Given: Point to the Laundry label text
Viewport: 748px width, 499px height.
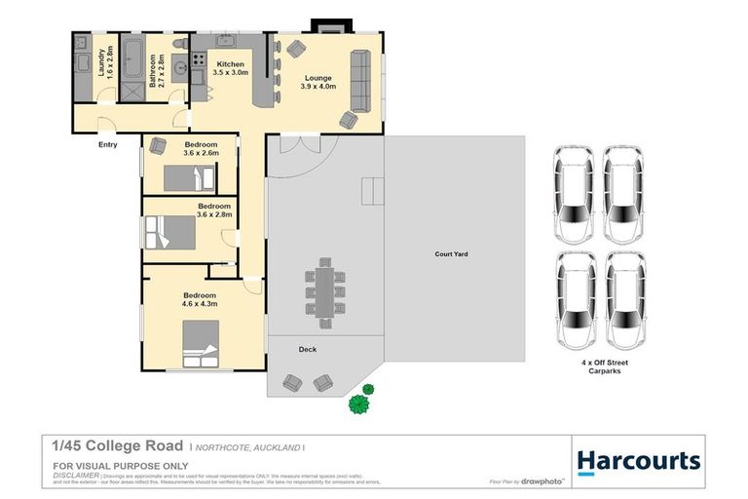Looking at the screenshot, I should coord(105,61).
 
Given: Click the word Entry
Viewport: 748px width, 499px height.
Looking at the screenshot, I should coord(107,145).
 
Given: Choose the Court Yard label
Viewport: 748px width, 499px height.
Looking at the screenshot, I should coord(451,253).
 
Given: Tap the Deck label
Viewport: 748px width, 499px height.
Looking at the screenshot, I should coord(307,349).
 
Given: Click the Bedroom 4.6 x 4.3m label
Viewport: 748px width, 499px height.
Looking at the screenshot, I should coord(199,299).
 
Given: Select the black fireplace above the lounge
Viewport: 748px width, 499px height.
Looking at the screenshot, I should coord(321,25).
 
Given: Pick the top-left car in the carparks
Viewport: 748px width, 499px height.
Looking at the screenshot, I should coord(572,195).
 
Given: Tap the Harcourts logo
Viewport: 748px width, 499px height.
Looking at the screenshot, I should coord(638,461).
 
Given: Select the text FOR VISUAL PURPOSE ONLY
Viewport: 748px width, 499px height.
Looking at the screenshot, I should coord(106,467).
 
